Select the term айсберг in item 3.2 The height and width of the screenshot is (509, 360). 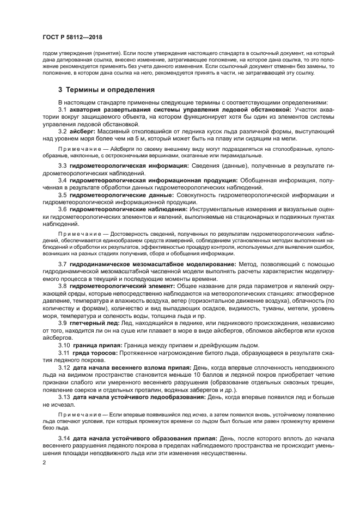83,132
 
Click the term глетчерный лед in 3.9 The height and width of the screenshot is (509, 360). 93,323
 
